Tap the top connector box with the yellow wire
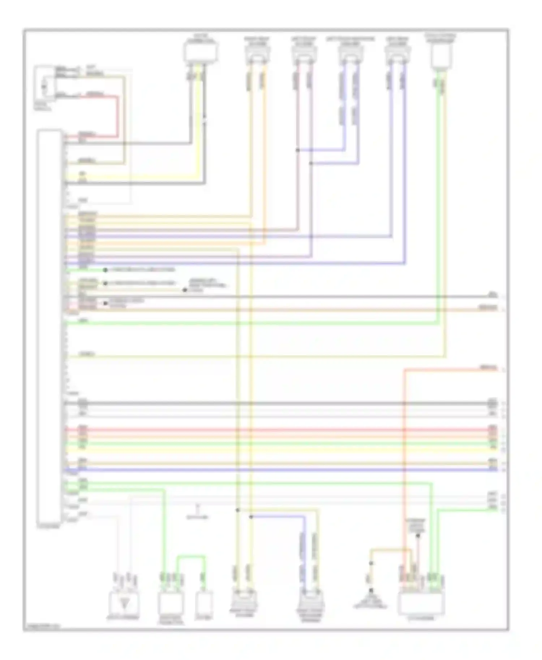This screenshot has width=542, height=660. point(201,52)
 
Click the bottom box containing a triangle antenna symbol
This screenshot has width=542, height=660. point(124,602)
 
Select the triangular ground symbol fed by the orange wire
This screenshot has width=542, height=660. point(371,592)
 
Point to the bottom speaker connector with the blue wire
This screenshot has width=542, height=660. point(310,602)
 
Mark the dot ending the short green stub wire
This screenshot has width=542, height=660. point(105,270)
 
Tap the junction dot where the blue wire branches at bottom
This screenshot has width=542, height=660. point(251,517)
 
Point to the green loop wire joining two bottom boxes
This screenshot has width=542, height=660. point(191,556)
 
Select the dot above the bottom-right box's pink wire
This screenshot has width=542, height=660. point(418,536)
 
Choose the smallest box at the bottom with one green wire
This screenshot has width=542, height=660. point(204,602)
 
